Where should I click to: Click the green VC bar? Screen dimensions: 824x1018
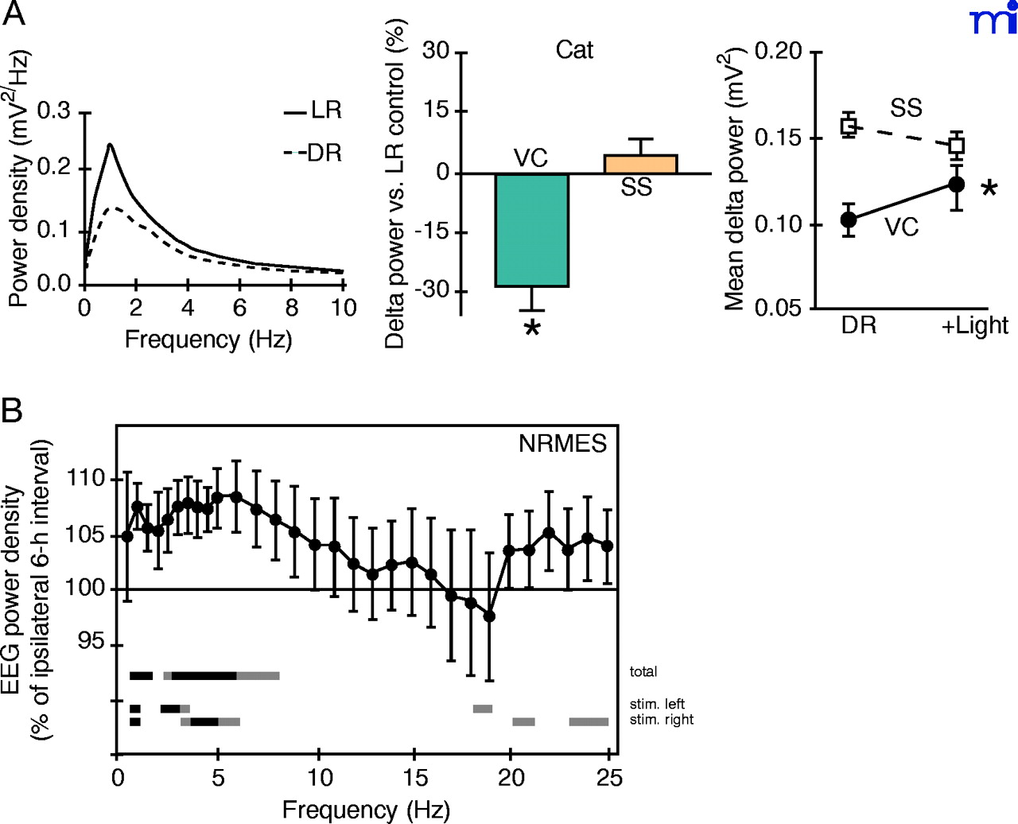click(531, 230)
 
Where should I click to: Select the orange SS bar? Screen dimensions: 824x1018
click(640, 164)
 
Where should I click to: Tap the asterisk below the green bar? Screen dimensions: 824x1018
click(532, 328)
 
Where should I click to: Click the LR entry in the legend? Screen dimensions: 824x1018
click(313, 111)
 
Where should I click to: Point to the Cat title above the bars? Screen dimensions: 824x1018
click(574, 50)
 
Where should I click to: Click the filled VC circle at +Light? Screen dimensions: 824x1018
click(957, 185)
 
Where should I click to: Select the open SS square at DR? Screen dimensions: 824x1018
click(849, 125)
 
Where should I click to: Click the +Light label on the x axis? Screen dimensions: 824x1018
click(974, 325)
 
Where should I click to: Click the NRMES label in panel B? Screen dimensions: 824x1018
click(562, 444)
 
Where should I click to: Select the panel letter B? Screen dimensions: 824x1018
click(12, 411)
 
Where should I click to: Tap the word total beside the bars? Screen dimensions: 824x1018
click(643, 672)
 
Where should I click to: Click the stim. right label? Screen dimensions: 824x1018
click(661, 720)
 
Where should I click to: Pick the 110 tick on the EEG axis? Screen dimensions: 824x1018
click(87, 479)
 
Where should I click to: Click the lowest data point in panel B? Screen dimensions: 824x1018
click(489, 616)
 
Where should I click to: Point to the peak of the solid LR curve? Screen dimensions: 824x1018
click(110, 145)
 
